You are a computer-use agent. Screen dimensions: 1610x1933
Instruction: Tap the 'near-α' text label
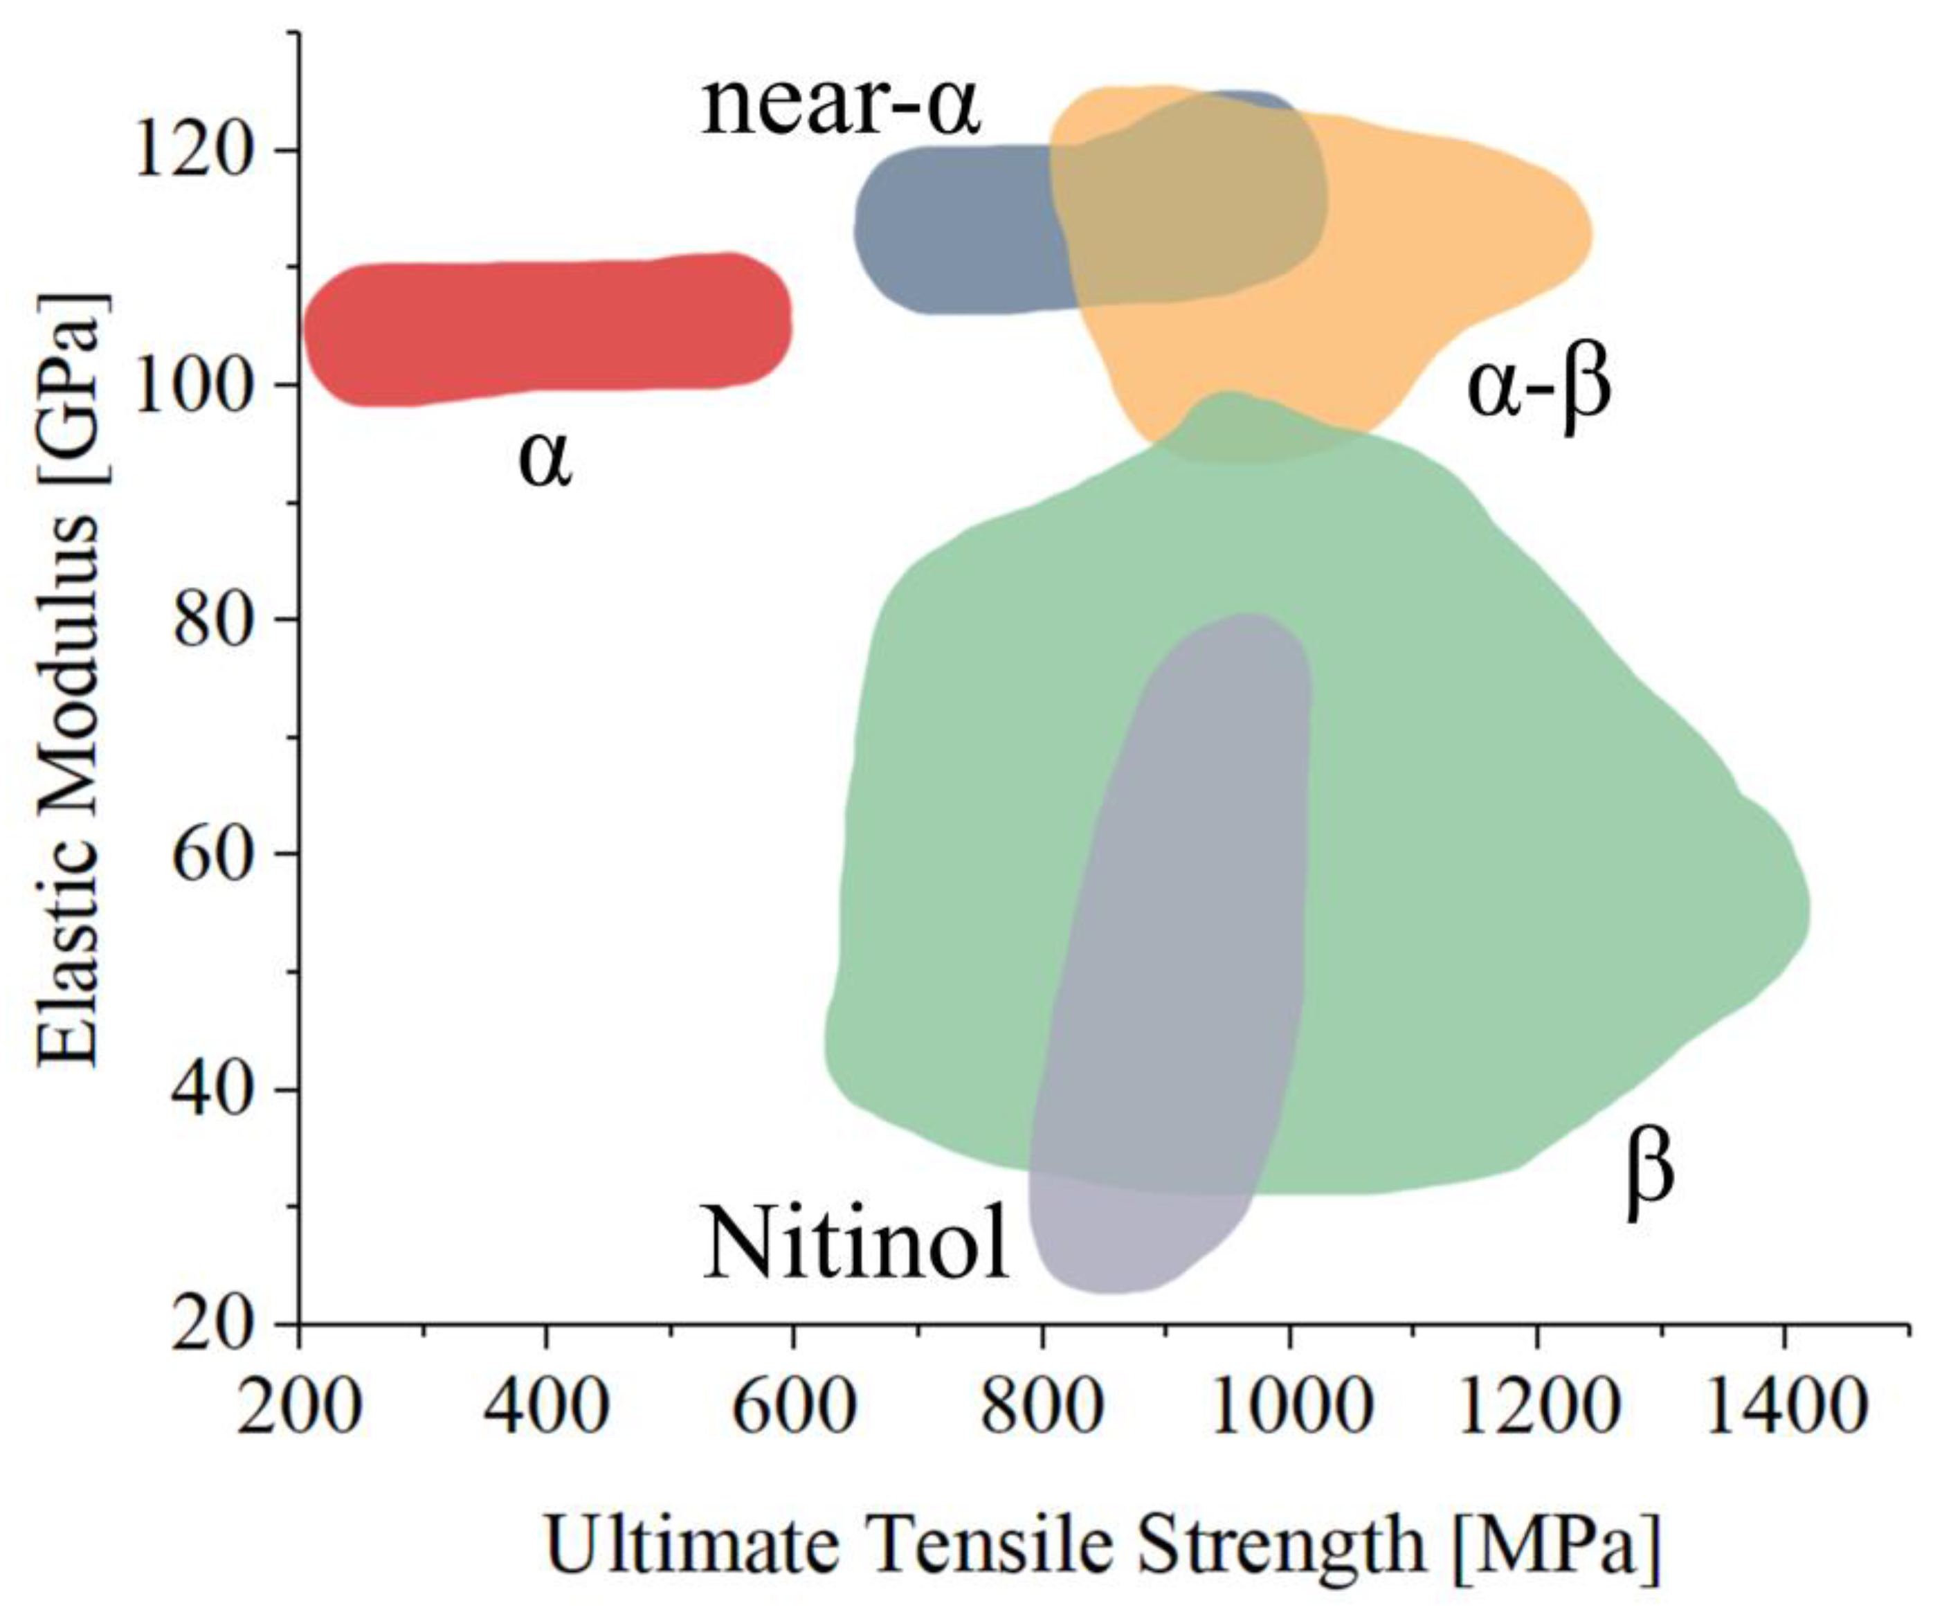tap(840, 108)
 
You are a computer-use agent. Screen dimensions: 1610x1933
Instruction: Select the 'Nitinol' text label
tap(856, 1244)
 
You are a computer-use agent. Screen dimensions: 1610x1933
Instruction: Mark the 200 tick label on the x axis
tap(298, 1407)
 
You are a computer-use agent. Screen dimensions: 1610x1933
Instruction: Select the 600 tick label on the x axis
tap(793, 1407)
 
